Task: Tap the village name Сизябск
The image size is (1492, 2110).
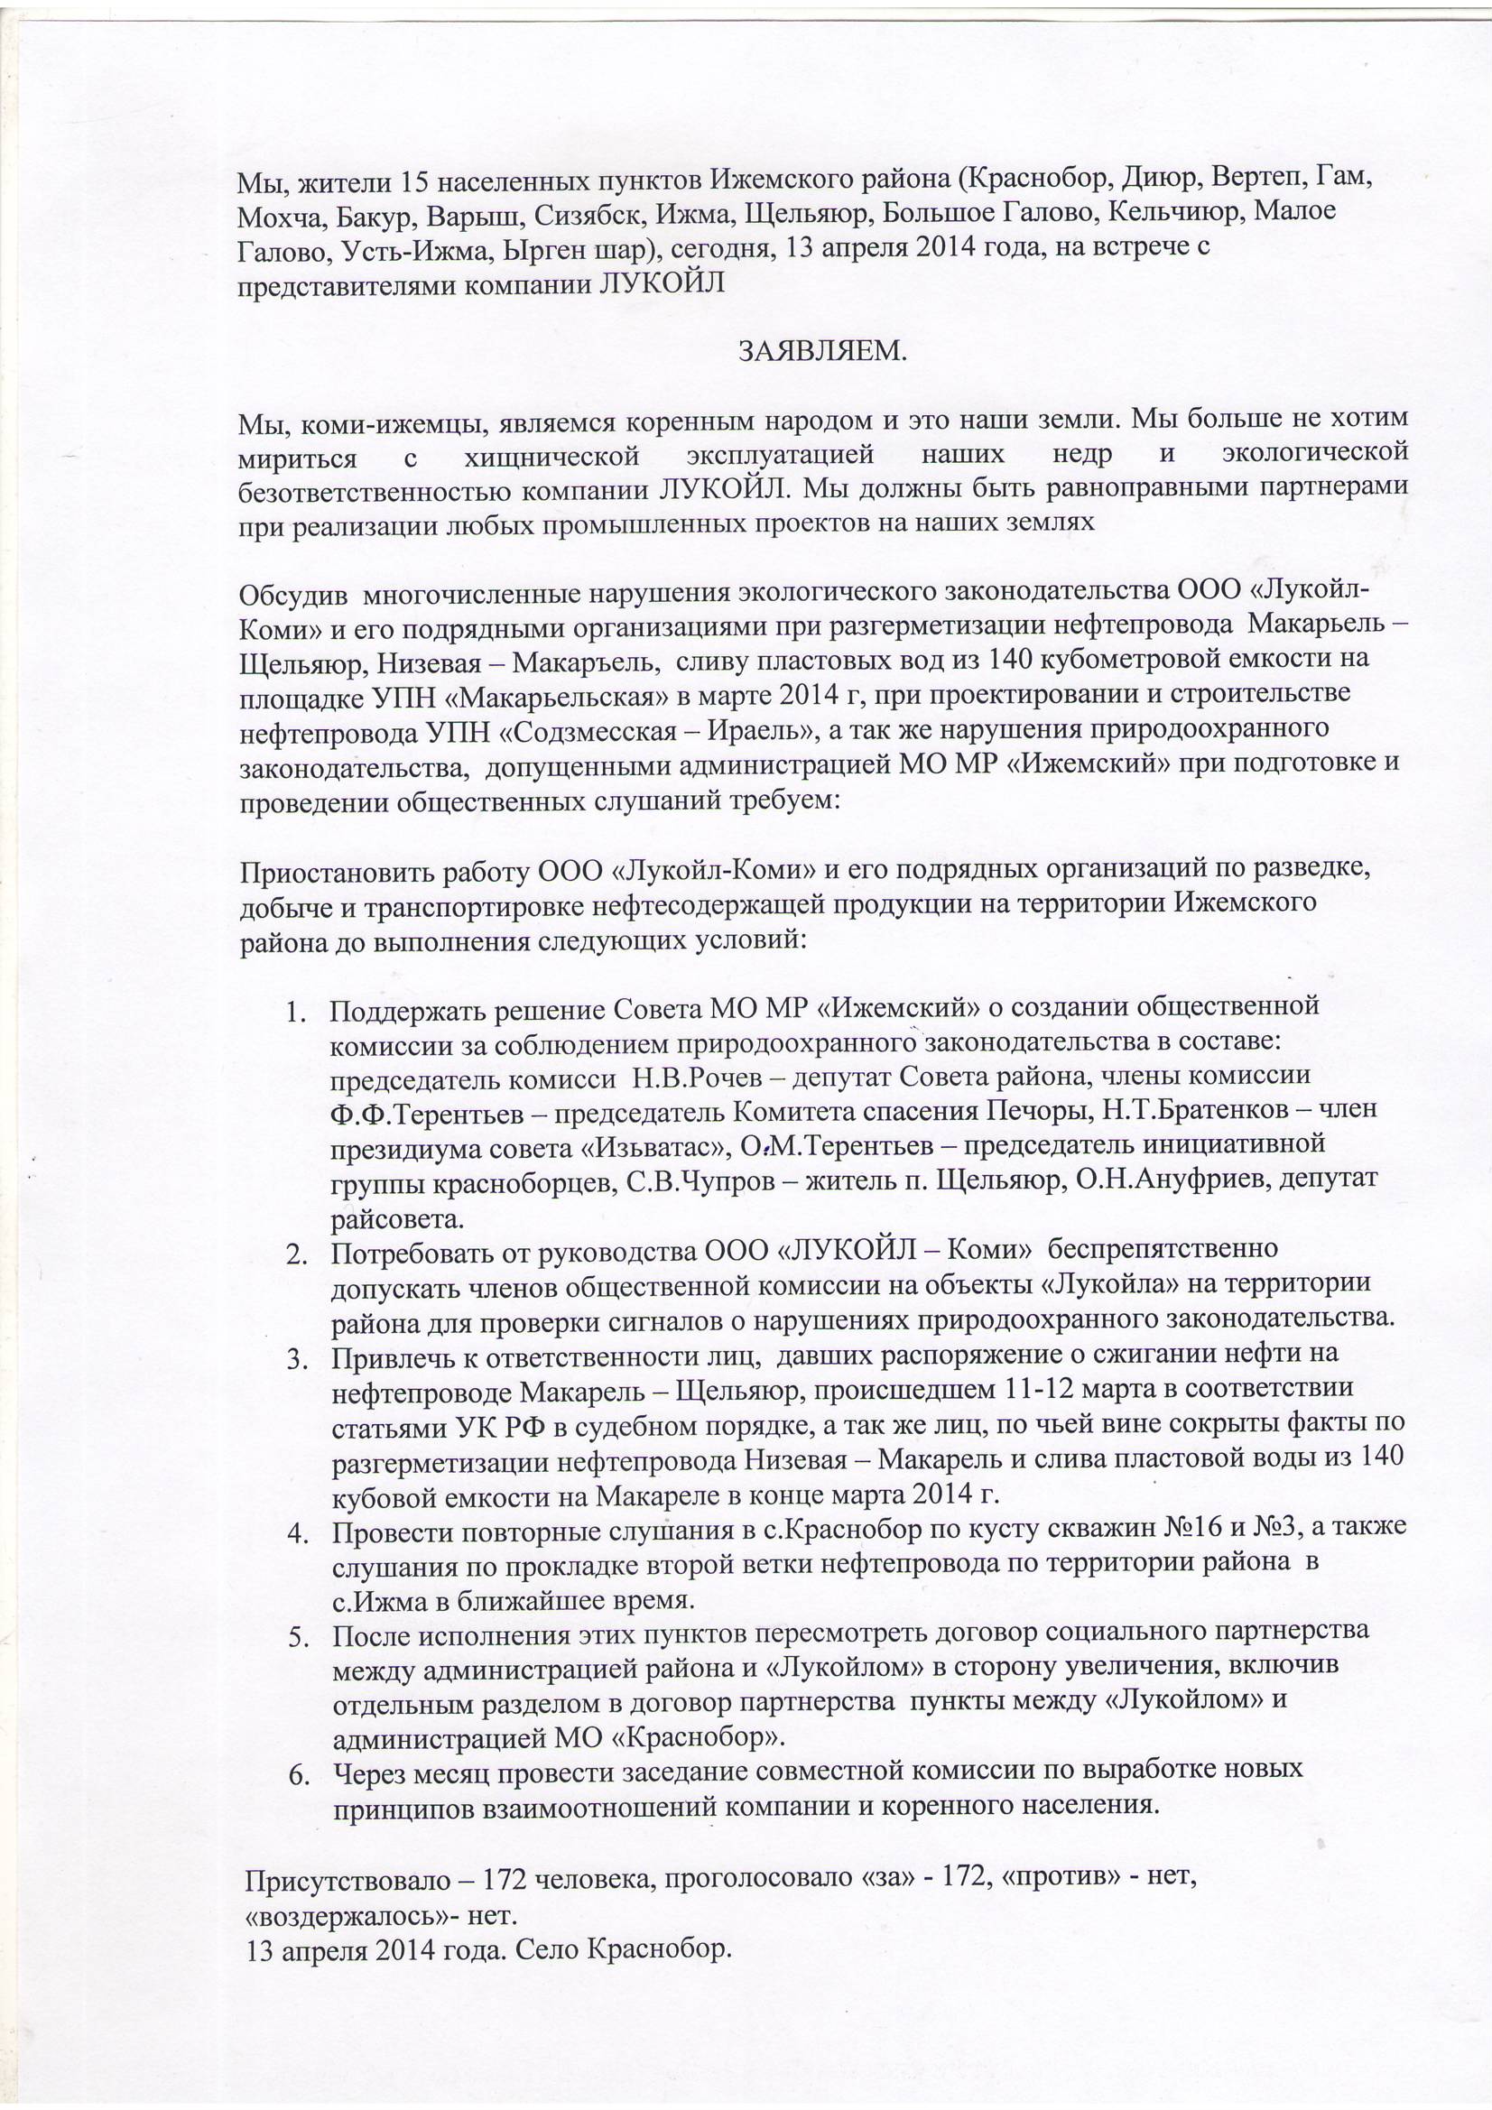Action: pyautogui.click(x=576, y=212)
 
